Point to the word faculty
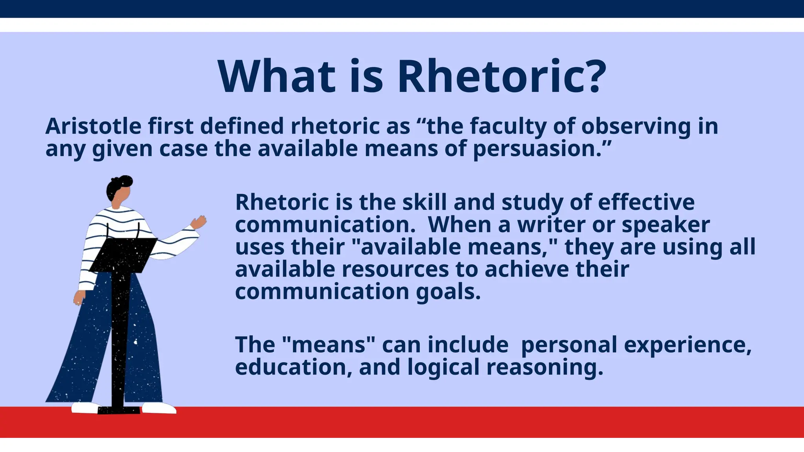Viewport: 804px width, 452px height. (509, 126)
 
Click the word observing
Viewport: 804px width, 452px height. (636, 126)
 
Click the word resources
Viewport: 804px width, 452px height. (395, 270)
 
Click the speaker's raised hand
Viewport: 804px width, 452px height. (199, 222)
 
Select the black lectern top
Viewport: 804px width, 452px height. (124, 255)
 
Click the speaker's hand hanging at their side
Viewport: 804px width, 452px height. (79, 298)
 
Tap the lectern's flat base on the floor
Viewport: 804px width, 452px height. (119, 410)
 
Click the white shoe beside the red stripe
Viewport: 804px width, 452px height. (159, 408)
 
